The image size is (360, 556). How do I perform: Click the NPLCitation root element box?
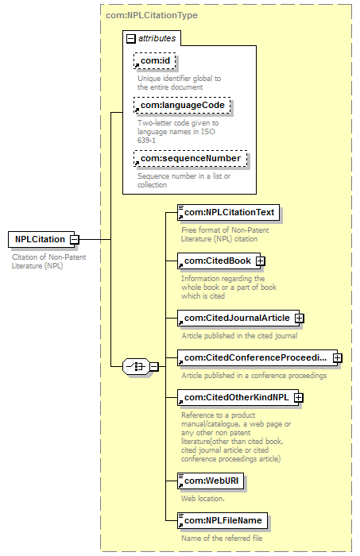click(41, 239)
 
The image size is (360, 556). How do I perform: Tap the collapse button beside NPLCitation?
click(74, 239)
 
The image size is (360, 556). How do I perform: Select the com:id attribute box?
click(155, 60)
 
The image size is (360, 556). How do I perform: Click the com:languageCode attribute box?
click(182, 106)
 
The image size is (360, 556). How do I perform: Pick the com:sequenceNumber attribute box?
click(190, 159)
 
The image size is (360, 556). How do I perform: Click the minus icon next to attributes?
click(131, 38)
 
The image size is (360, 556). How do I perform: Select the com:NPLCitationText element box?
click(228, 212)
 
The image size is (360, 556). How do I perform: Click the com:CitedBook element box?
click(217, 261)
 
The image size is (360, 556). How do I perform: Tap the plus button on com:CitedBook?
click(261, 261)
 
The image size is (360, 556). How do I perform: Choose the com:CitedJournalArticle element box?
click(237, 318)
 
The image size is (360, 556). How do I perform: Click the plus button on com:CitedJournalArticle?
click(300, 318)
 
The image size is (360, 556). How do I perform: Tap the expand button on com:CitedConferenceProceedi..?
click(337, 357)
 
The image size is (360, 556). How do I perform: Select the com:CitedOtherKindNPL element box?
click(236, 397)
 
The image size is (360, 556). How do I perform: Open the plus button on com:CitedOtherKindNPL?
click(299, 397)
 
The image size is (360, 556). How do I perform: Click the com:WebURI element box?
click(211, 481)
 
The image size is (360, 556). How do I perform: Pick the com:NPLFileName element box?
click(223, 520)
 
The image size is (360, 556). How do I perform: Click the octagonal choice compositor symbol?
click(136, 366)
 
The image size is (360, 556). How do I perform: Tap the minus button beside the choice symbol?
click(154, 366)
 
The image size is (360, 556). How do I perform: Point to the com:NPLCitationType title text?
click(152, 15)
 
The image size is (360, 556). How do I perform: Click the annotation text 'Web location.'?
click(203, 499)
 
